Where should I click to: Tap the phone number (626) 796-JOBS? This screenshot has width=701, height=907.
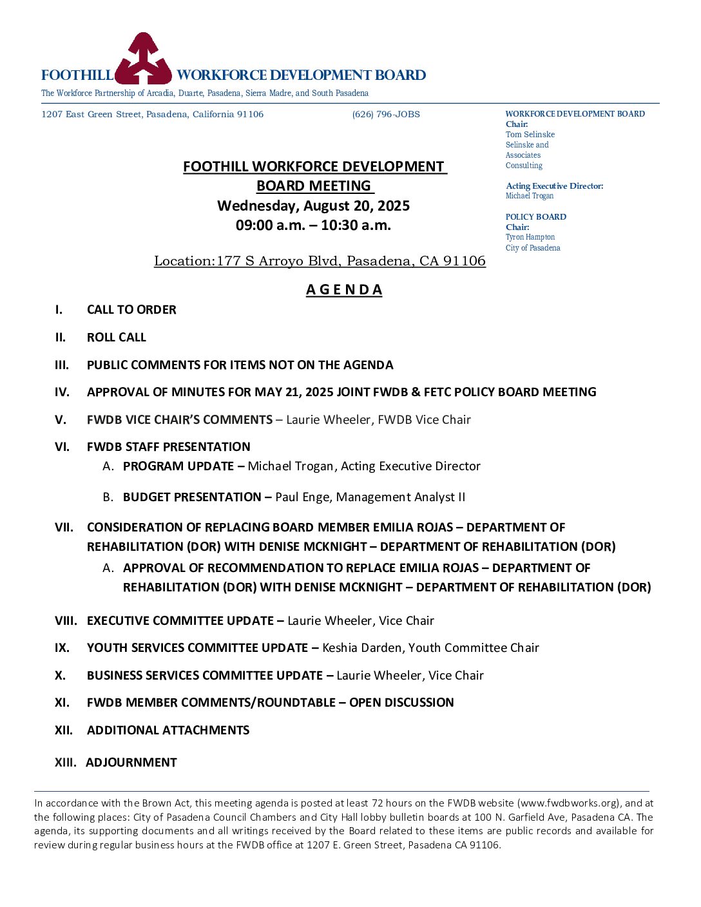tap(386, 115)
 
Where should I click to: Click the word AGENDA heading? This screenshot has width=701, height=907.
tap(344, 290)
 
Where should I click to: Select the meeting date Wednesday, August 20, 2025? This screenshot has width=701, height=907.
tap(314, 206)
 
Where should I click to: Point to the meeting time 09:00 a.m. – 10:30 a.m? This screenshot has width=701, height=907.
tap(314, 225)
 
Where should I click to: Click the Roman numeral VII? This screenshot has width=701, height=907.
tap(64, 528)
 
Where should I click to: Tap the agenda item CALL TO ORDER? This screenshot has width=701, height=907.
tap(131, 310)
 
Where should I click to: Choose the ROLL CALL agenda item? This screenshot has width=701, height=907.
tap(117, 338)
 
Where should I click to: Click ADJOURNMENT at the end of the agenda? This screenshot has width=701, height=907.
tap(131, 763)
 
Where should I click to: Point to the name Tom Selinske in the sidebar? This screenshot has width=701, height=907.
tap(530, 135)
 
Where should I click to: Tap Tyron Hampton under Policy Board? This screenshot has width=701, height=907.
tap(530, 238)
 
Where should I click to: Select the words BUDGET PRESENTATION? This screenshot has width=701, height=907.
tap(192, 497)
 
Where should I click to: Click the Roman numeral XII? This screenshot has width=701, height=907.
tap(63, 730)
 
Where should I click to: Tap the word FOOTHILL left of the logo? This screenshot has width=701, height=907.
tap(77, 75)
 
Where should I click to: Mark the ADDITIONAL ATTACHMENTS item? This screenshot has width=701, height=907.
tap(168, 730)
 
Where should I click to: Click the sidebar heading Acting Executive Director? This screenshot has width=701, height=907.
tap(555, 186)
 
